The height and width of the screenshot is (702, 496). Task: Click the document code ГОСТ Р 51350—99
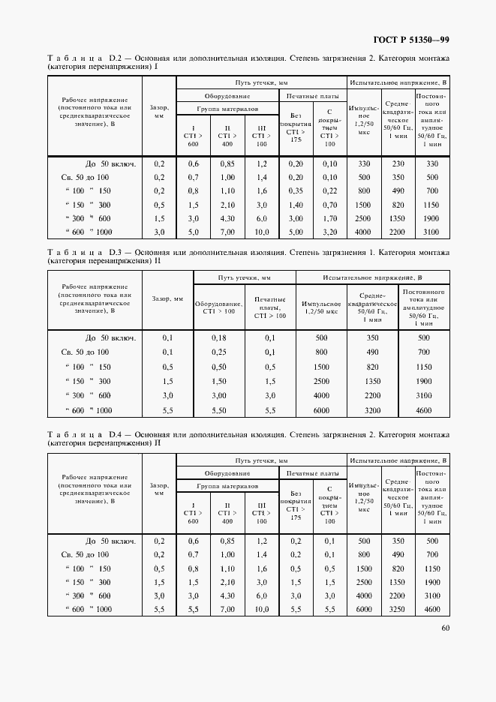pos(411,40)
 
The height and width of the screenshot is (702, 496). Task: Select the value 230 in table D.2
pos(398,163)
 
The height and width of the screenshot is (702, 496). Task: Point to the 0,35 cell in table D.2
pos(294,191)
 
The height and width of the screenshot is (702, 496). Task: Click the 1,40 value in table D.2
pos(294,205)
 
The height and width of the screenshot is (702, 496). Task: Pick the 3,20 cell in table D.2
pos(329,232)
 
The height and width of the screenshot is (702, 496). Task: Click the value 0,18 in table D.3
pos(219,338)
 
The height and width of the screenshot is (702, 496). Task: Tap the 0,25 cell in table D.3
pos(219,352)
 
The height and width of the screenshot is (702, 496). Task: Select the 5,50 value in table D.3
pos(219,411)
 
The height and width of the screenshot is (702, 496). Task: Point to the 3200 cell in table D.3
pos(371,411)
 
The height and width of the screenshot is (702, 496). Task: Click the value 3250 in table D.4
pos(398,610)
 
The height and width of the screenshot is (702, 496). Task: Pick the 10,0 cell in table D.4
pos(261,610)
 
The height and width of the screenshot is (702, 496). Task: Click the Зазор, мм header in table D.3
pos(168,298)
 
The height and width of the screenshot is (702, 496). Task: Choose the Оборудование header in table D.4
pos(227,474)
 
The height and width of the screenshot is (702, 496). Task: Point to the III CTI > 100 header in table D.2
pos(261,135)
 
